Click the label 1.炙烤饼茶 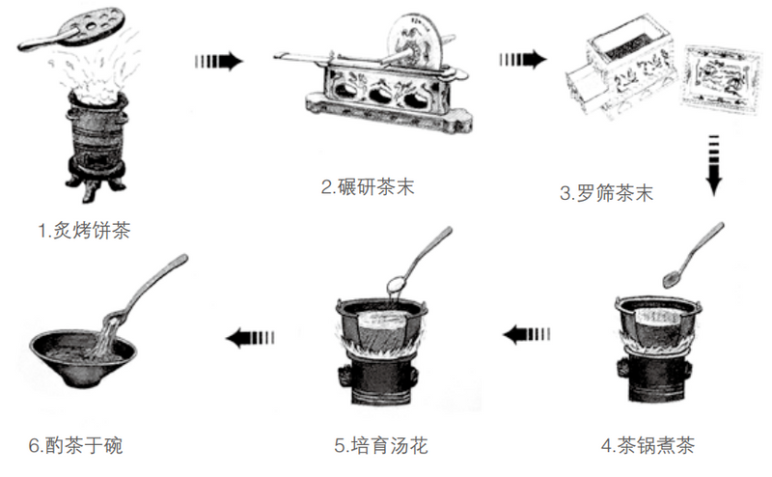84,231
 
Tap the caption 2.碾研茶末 368,187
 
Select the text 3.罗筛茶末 607,193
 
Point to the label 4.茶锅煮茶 648,445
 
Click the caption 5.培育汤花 381,445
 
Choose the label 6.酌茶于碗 75,445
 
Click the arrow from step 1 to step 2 219,61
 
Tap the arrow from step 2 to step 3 523,60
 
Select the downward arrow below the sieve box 713,165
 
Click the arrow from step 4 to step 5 527,335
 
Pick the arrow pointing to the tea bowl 250,338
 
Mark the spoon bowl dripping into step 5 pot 397,284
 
